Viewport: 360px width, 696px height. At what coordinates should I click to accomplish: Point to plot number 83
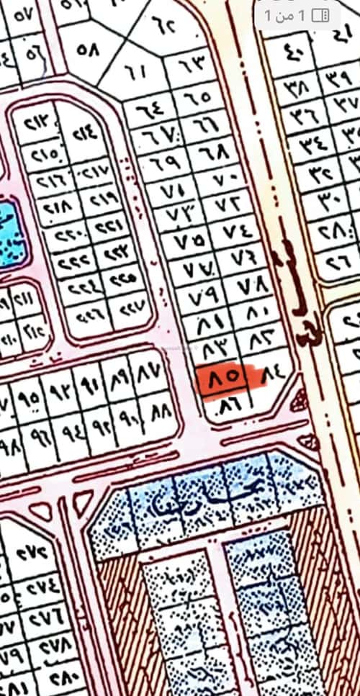tap(216, 349)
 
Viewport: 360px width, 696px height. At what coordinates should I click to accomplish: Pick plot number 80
tap(256, 312)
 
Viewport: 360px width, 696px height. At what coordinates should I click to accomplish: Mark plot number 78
tap(252, 286)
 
